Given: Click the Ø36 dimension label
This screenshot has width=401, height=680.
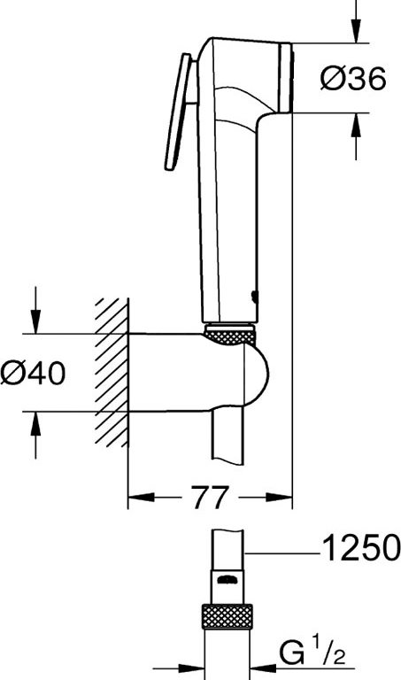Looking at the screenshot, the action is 353,79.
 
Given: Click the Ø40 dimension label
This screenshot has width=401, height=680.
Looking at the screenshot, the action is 33,373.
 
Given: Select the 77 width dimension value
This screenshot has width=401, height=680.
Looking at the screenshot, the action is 210,497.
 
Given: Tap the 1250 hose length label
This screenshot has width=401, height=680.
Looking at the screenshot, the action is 361,547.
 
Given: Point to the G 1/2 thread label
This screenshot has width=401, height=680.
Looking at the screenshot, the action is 313,653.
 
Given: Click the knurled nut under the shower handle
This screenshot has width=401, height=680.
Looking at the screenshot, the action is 229,334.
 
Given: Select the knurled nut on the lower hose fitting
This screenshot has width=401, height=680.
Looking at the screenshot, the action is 227,616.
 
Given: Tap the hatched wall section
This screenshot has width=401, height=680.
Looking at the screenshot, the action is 112,372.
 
